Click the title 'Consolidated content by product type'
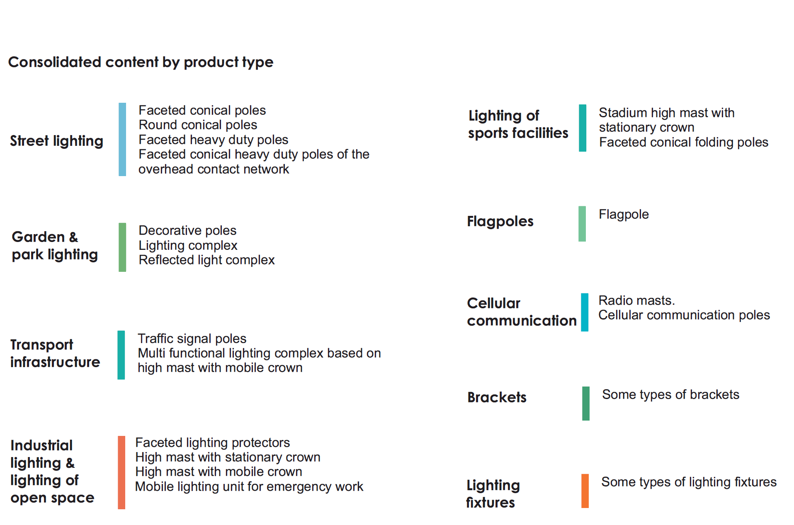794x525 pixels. coord(141,62)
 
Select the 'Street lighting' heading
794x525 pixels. coord(56,141)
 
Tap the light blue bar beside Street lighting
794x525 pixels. coord(122,139)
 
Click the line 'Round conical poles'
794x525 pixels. coord(198,125)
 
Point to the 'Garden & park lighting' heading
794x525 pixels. coord(55,246)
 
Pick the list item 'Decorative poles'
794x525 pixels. coord(187,230)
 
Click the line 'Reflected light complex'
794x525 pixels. coord(206,260)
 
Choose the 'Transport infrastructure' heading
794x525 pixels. coord(55,353)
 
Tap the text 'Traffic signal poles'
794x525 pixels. coord(192,339)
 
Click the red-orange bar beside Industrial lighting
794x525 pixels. coord(121,472)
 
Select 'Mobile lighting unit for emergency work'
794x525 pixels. coord(249,486)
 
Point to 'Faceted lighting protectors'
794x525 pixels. coord(212,443)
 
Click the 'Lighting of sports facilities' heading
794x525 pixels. coord(518,124)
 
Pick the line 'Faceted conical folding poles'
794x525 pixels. coord(684,142)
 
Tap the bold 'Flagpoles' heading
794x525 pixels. coord(500,221)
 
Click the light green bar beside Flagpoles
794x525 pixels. coord(582,224)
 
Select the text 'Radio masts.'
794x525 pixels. coord(636,300)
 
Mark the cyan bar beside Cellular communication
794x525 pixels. coord(585,312)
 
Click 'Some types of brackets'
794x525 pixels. coord(670,394)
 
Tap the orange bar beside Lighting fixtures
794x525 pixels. coord(585,491)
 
